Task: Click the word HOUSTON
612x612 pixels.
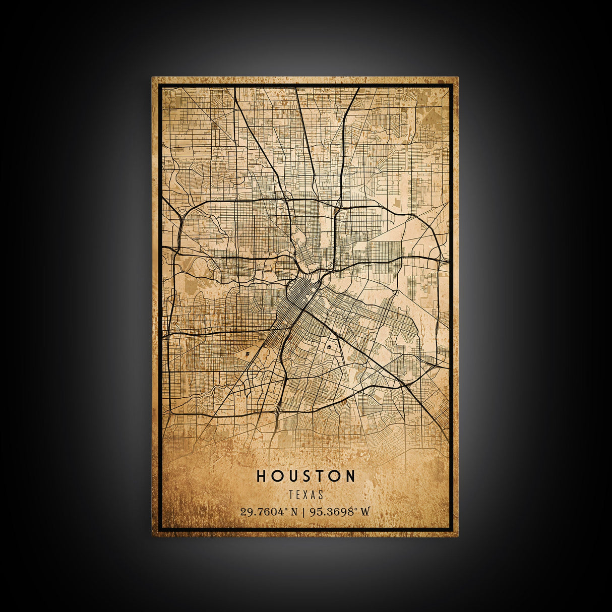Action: [x=306, y=476]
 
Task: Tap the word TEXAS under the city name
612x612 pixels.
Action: [x=306, y=496]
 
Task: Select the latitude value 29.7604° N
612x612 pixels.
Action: [x=269, y=512]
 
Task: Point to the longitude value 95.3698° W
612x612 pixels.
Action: [x=340, y=512]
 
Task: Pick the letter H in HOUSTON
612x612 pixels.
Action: [x=261, y=476]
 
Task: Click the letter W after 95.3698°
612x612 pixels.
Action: [x=365, y=512]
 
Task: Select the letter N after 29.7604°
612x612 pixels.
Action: [x=294, y=512]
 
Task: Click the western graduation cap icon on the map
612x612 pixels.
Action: [x=248, y=354]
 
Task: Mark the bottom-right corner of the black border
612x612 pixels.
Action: [x=452, y=529]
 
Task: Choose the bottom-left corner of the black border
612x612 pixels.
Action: [x=160, y=529]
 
